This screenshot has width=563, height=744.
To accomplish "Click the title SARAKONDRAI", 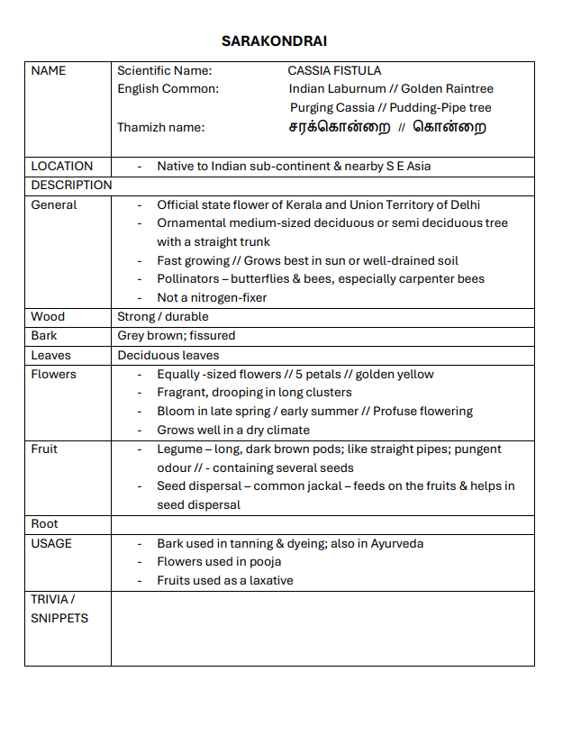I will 274,41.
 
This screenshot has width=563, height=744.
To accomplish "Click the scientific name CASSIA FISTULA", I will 334,70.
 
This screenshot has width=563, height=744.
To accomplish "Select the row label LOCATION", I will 62,166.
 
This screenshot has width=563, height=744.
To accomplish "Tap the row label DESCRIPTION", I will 72,185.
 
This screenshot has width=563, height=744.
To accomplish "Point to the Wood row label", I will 48,316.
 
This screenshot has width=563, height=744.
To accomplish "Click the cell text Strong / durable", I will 163,316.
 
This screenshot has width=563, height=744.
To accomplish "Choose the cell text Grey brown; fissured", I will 177,335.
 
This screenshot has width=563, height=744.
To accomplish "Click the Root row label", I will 44,523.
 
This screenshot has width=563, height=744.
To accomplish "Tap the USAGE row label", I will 51,543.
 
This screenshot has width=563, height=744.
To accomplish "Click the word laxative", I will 269,580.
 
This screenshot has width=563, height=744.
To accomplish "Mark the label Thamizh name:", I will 160,127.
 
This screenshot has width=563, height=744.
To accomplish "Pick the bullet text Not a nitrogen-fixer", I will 212,297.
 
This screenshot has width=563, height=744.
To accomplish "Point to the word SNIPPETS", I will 59,618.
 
